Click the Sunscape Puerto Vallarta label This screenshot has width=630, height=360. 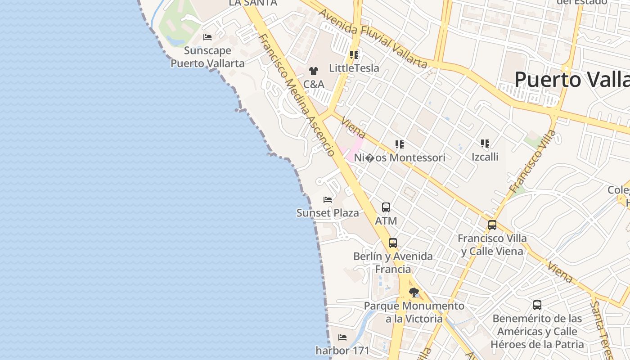[x=207, y=57]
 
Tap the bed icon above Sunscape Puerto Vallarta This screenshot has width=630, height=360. [x=207, y=37]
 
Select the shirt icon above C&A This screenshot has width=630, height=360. [x=313, y=71]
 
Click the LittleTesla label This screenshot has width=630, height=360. [x=354, y=68]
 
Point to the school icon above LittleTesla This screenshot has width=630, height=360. [x=354, y=55]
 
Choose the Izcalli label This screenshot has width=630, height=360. [x=485, y=157]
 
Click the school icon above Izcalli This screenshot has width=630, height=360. [x=485, y=144]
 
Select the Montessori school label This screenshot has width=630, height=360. [x=400, y=157]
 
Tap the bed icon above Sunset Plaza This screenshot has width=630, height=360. [x=328, y=200]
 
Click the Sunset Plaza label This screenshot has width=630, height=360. [x=328, y=213]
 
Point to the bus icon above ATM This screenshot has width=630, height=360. [x=386, y=207]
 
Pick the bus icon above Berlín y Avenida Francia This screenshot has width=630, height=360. [x=393, y=243]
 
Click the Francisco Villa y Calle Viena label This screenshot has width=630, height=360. [x=492, y=244]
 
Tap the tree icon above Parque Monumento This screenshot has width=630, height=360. [x=414, y=292]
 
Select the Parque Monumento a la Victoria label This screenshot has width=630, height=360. [x=414, y=312]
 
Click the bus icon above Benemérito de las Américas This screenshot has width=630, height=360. [x=537, y=305]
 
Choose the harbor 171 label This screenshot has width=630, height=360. [x=342, y=350]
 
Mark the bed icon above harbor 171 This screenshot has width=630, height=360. [x=342, y=337]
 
